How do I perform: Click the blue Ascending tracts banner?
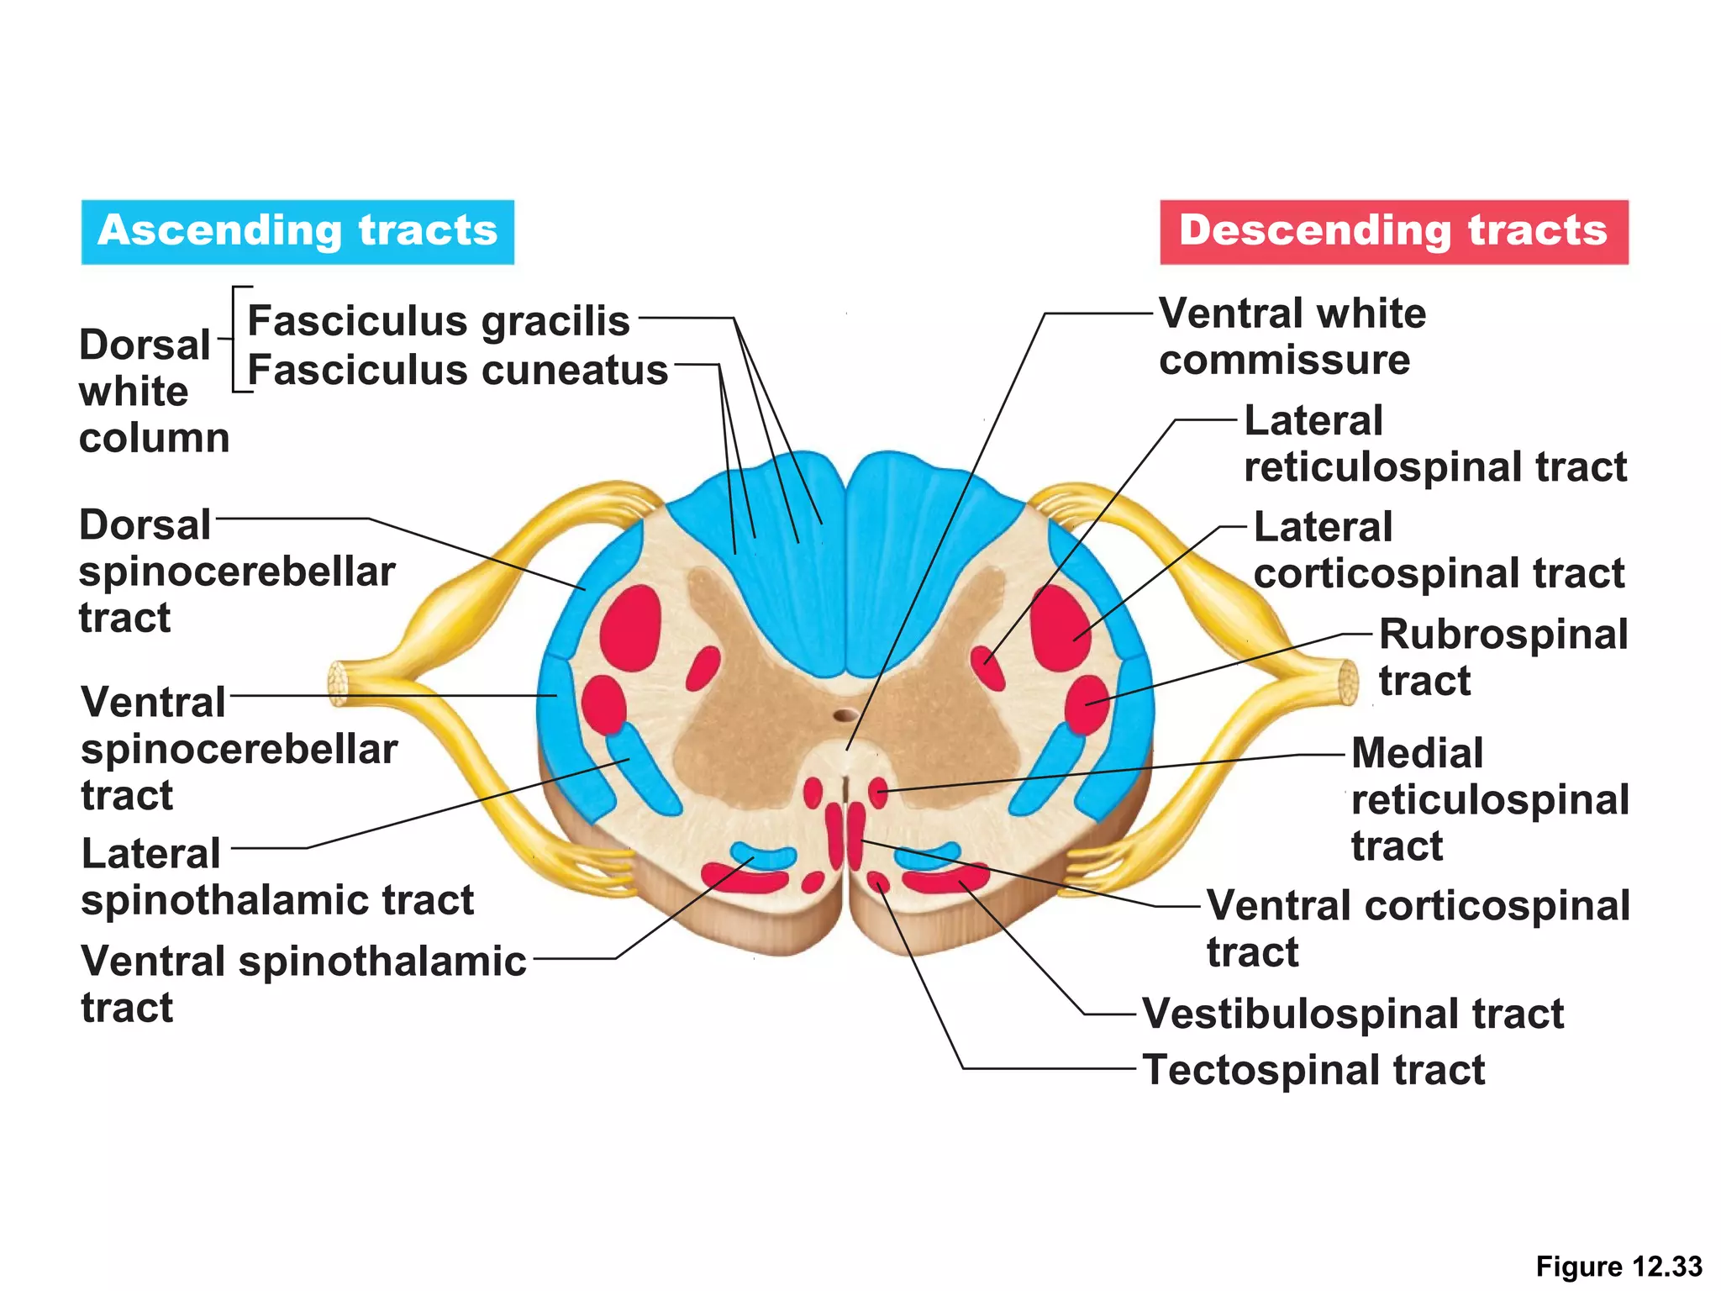click(x=297, y=231)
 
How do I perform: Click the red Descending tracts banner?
click(x=1393, y=231)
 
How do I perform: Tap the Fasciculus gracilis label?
click(x=438, y=321)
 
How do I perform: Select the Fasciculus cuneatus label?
click(x=457, y=370)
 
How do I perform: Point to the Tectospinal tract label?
click(x=1313, y=1070)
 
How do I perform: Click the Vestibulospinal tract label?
click(x=1352, y=1013)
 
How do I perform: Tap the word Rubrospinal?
click(x=1503, y=635)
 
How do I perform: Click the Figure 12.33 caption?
click(x=1618, y=1266)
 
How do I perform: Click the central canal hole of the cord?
click(x=845, y=715)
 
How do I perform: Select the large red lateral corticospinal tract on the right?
click(x=1059, y=626)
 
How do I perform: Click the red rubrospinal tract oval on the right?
click(x=1087, y=704)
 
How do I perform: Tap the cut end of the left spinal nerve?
click(x=338, y=682)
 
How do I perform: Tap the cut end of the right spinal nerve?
click(x=1348, y=682)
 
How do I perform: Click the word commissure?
click(x=1284, y=361)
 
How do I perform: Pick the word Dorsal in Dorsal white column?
click(x=145, y=345)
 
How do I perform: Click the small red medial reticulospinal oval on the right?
click(x=877, y=792)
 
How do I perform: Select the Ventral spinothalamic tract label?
click(x=303, y=983)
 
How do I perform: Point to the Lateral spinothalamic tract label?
click(x=277, y=877)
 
